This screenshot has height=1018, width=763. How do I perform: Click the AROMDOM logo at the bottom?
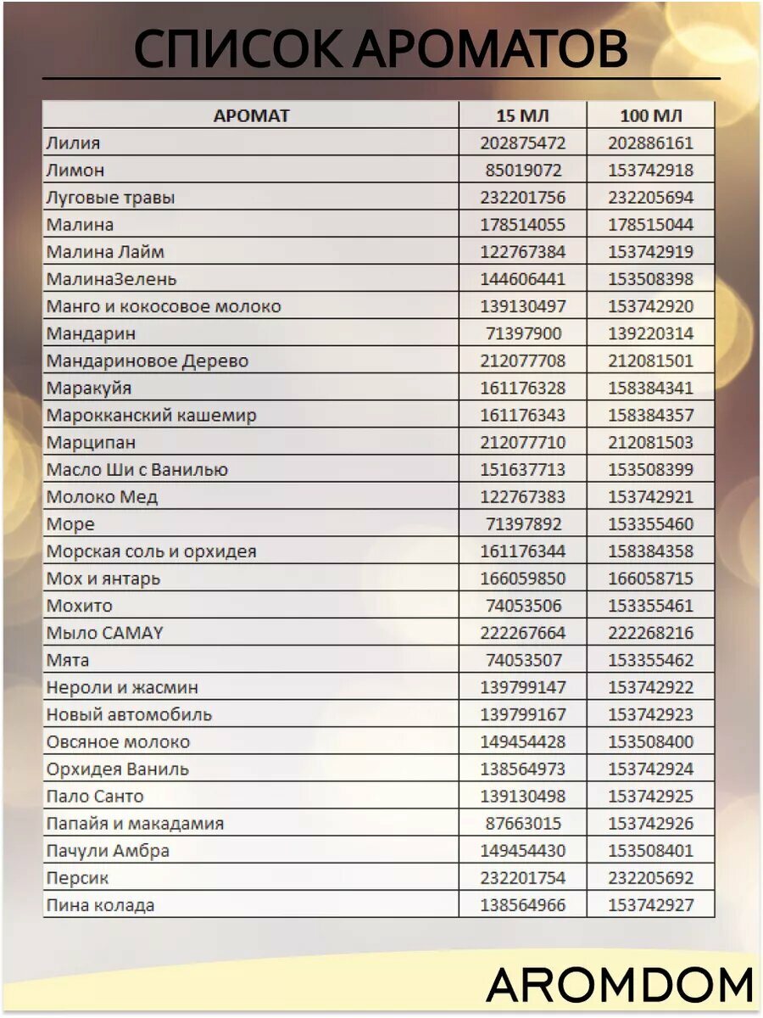[x=620, y=985]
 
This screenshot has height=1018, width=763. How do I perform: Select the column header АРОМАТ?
[x=251, y=116]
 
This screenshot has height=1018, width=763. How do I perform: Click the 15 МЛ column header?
[x=522, y=116]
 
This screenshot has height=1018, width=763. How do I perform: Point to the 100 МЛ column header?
[x=650, y=116]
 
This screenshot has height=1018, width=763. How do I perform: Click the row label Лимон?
[x=75, y=171]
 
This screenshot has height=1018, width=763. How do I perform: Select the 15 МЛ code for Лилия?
[x=522, y=143]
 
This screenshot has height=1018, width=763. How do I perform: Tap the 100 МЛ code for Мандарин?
[x=650, y=333]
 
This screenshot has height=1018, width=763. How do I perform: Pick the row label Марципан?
[x=91, y=443]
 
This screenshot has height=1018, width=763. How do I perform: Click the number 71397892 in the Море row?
[x=522, y=524]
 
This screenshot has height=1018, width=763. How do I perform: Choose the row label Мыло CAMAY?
[x=104, y=633]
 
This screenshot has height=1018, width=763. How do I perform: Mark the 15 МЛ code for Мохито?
[x=522, y=606]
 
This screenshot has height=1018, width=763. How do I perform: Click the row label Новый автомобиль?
[x=129, y=714]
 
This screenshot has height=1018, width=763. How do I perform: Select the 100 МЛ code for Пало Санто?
[x=650, y=797]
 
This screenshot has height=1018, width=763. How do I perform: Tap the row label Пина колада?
[x=100, y=905]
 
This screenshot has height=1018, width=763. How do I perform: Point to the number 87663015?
[x=522, y=824]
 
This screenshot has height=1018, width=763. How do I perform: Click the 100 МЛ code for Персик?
[x=650, y=878]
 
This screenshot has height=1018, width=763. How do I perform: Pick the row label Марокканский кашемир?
[x=151, y=416]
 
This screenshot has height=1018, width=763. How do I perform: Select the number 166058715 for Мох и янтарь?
[x=650, y=579]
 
